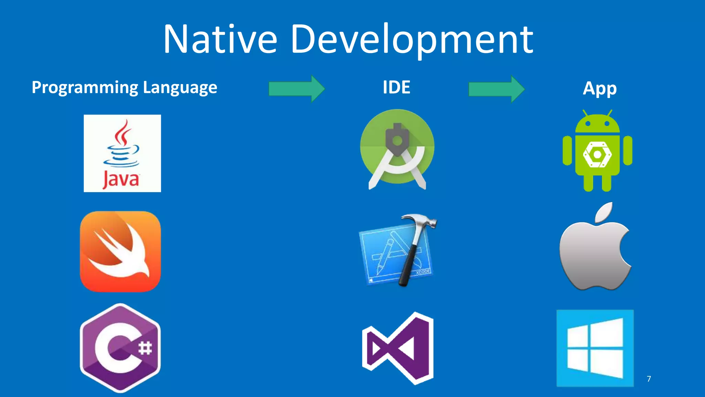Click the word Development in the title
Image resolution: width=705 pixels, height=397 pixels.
point(412,40)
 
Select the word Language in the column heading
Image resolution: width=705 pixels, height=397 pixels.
point(180,88)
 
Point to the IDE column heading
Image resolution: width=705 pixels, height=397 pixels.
point(396,87)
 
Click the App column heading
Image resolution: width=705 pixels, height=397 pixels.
point(599,89)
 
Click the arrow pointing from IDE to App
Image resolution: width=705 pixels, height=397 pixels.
point(496,89)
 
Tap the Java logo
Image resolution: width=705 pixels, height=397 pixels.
point(122,153)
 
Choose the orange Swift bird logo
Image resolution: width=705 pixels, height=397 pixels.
point(120,252)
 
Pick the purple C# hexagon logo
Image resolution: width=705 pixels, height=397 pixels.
point(120,348)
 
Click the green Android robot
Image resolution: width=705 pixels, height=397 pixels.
point(597,152)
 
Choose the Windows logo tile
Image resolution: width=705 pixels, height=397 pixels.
point(595,348)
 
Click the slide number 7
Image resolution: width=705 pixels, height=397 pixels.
point(649,379)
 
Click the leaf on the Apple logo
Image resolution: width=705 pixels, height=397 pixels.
point(604,212)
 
